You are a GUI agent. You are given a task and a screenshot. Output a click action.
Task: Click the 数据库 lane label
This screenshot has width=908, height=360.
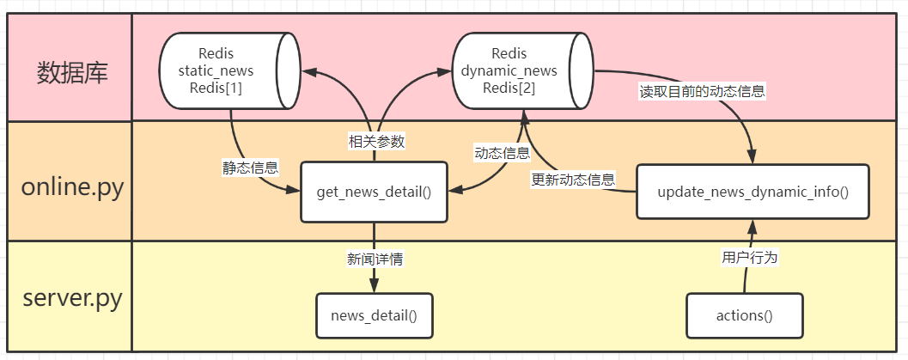coord(72,73)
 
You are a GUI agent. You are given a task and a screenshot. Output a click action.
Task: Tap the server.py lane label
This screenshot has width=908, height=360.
coord(72,300)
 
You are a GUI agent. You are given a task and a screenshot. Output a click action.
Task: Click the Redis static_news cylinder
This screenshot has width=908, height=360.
coord(228,71)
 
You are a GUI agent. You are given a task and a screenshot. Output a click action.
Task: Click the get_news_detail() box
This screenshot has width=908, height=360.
coord(374,191)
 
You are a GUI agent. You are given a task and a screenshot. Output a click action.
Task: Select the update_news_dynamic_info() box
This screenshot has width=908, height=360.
coord(753,191)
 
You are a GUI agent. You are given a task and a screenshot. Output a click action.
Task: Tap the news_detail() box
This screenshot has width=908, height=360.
coord(374,315)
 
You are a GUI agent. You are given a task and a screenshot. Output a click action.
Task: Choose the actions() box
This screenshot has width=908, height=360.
coord(744,315)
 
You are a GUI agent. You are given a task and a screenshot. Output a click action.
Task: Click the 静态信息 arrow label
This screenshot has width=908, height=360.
coord(250,168)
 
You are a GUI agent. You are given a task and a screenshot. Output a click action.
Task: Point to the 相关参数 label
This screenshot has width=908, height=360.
coord(376,142)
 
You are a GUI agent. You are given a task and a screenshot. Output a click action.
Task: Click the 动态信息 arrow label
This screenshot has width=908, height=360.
coord(503,154)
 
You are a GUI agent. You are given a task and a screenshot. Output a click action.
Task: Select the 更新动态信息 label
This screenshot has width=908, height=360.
coord(574,180)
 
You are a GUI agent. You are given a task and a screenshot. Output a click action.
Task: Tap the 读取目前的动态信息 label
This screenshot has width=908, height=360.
coord(702,91)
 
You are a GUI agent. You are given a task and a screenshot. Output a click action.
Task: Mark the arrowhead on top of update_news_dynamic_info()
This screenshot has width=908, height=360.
coord(753,157)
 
